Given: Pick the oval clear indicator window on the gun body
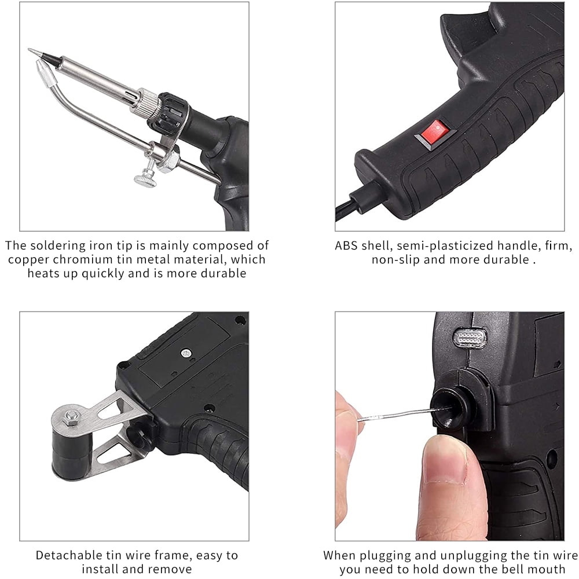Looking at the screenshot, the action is click(x=470, y=337).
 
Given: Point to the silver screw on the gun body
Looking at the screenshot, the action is click(x=186, y=353).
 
